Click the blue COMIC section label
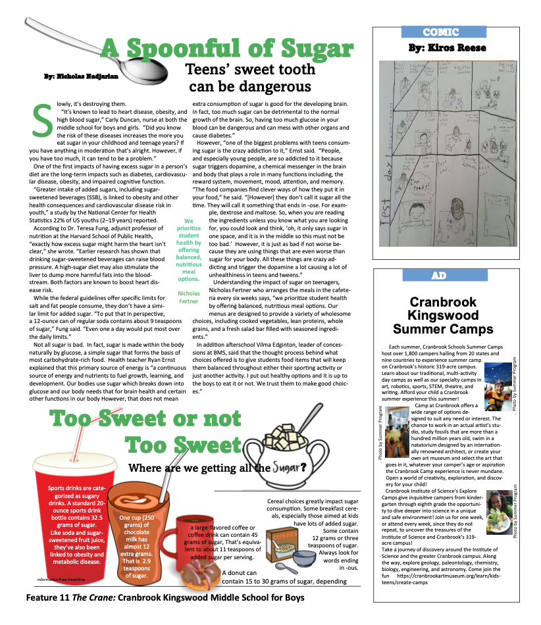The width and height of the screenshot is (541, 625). tap(444, 32)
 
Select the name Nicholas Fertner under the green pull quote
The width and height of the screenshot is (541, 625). tap(189, 297)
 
